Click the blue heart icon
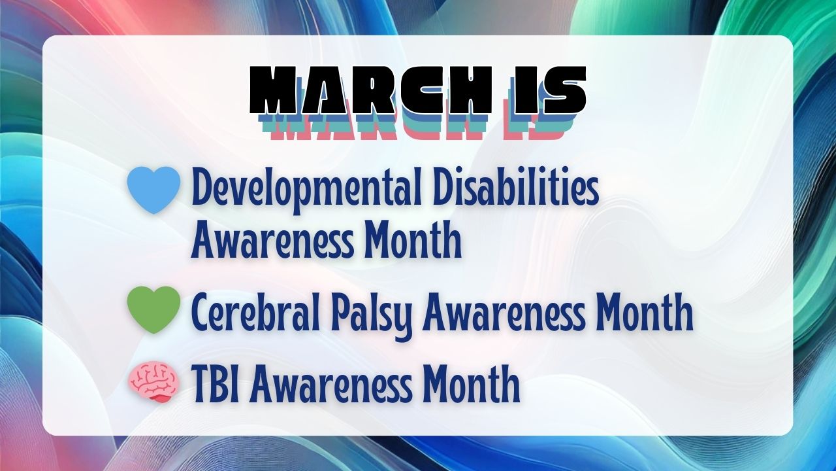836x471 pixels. [153, 190]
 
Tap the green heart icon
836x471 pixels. [153, 310]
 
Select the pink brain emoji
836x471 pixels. [153, 383]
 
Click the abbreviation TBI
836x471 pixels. [218, 383]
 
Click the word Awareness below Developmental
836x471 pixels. [272, 240]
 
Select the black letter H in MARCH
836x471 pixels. [473, 90]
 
